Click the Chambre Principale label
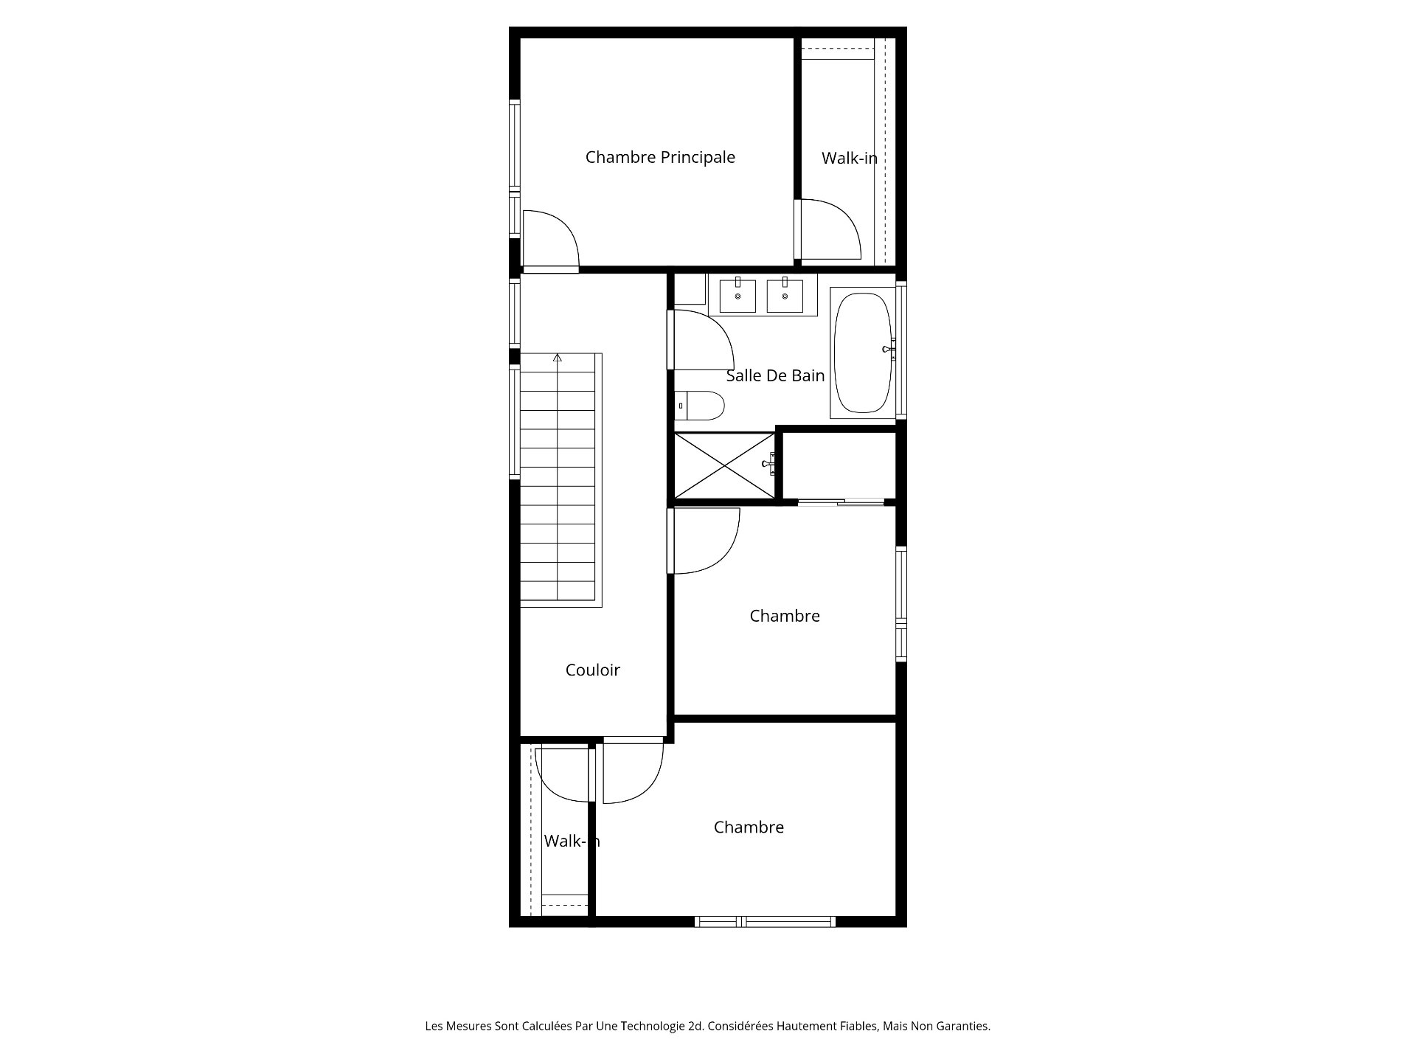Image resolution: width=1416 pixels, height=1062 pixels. [x=660, y=157]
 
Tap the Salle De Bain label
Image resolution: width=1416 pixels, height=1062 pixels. [x=775, y=375]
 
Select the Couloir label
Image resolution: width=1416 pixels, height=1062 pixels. [x=593, y=670]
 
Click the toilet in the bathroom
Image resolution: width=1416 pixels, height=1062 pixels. [x=700, y=405]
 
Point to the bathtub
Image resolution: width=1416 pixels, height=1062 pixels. [x=863, y=353]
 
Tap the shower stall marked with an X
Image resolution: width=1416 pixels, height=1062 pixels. [x=725, y=465]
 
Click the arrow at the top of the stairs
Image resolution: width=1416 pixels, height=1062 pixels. [x=558, y=358]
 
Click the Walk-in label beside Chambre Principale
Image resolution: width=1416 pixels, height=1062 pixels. [x=850, y=158]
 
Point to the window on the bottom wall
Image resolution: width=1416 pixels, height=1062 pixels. [x=765, y=921]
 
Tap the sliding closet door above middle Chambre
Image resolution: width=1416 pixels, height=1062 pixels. [x=841, y=502]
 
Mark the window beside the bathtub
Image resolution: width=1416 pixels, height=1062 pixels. [x=901, y=353]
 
